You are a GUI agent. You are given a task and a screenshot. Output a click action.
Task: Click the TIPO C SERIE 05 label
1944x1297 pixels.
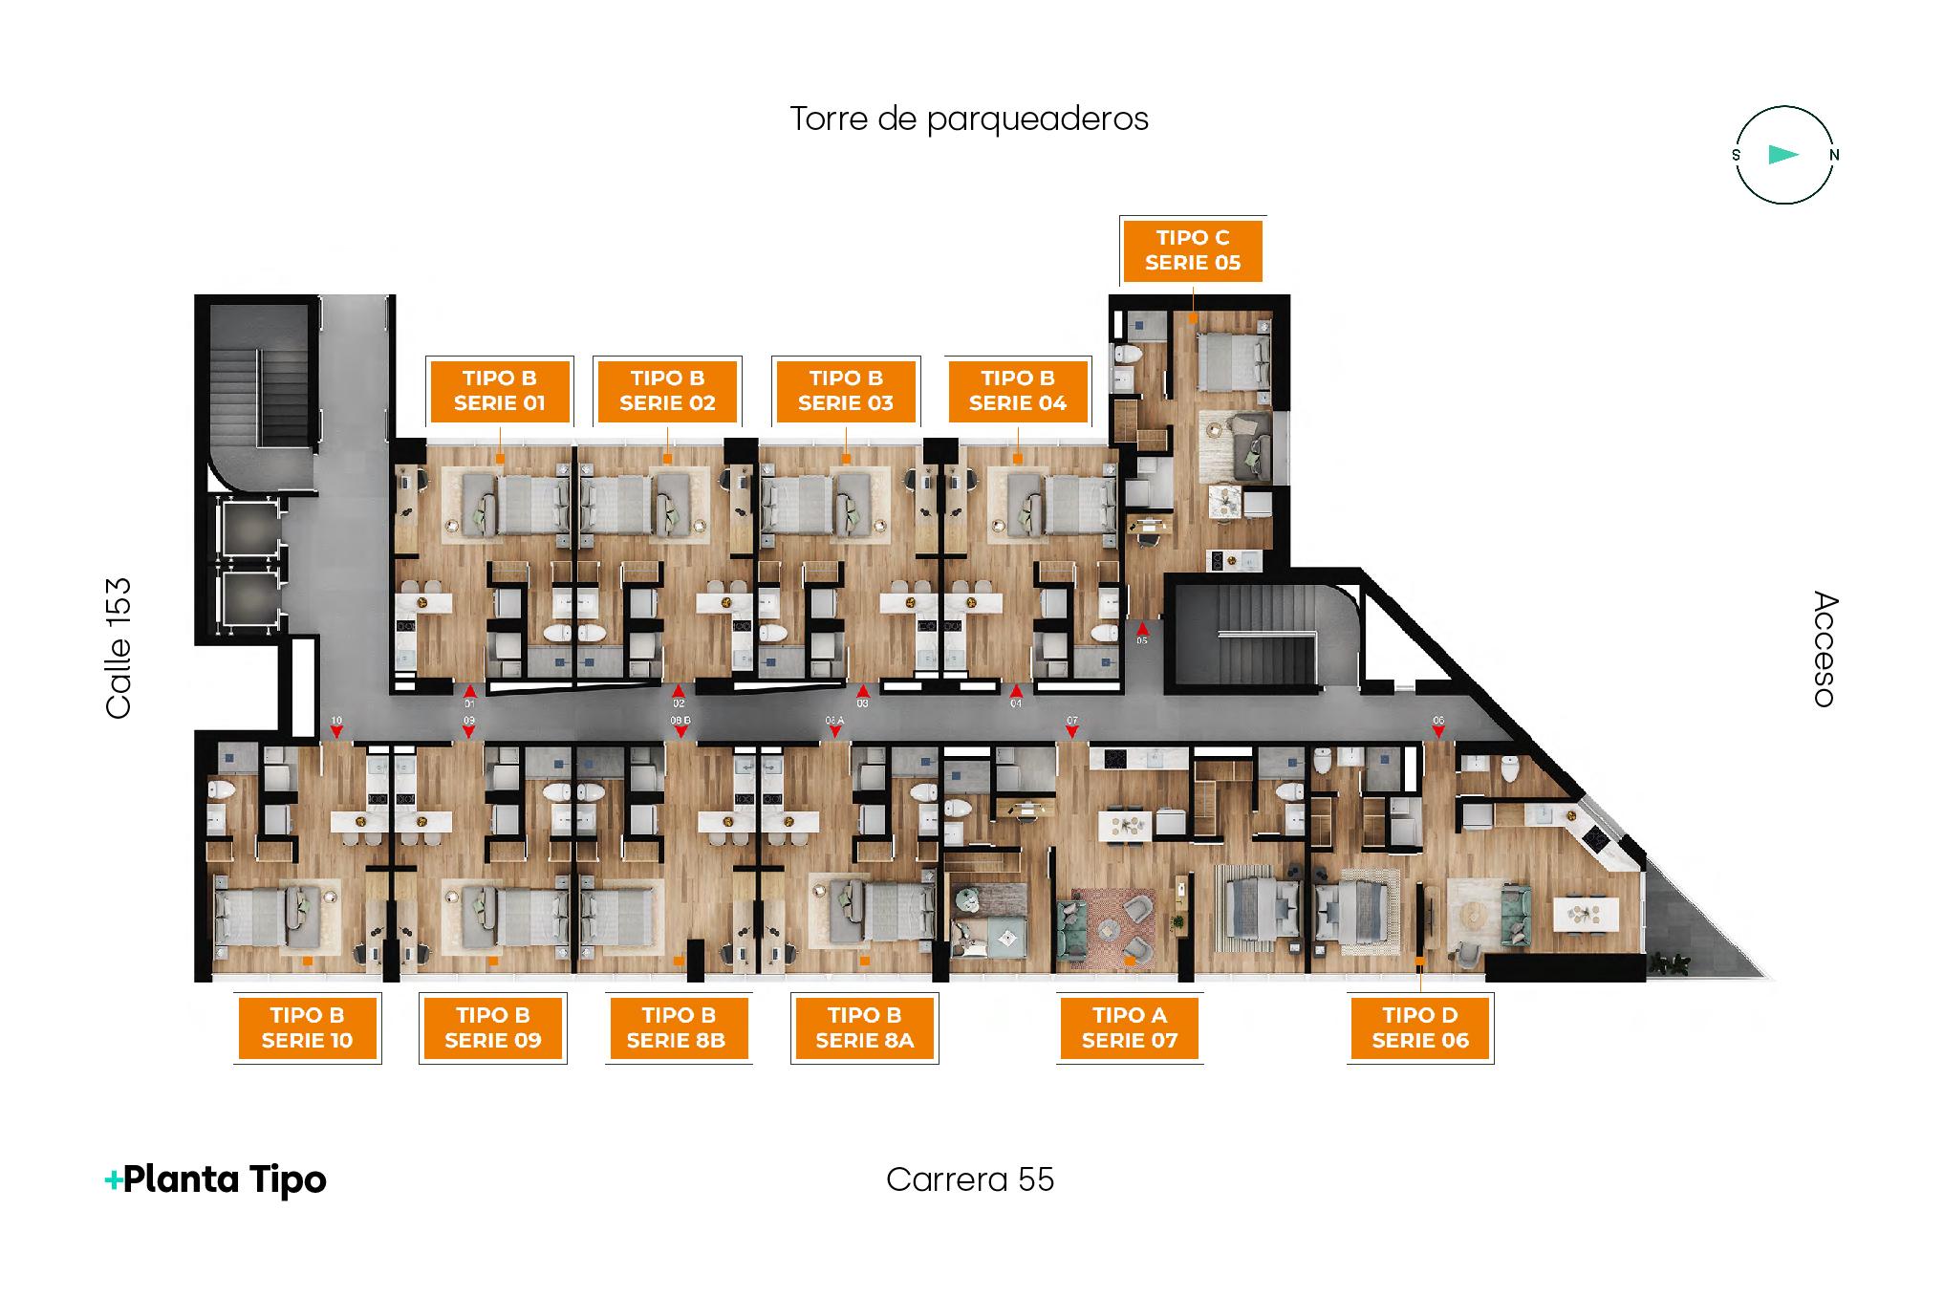click(x=1192, y=250)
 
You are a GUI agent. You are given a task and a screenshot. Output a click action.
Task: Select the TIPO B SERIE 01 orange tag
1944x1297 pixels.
click(x=500, y=391)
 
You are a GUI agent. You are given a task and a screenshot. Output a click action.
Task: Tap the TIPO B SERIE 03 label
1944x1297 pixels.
click(x=845, y=391)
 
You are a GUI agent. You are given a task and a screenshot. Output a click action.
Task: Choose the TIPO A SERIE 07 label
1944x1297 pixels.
click(x=1129, y=1028)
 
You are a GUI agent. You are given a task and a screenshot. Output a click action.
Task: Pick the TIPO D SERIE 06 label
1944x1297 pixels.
click(x=1419, y=1028)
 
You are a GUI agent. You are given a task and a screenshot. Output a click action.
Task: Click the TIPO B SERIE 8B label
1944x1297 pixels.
click(x=678, y=1028)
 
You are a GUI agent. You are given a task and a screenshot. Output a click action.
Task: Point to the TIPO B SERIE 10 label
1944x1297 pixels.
click(x=307, y=1028)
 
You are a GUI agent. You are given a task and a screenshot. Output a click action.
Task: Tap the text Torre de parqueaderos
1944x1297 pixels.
click(x=968, y=119)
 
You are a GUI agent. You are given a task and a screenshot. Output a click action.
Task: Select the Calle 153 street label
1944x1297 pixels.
click(x=119, y=648)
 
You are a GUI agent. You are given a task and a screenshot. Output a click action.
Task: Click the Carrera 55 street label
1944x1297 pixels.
click(x=969, y=1179)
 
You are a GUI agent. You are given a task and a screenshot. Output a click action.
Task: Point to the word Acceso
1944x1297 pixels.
click(x=1824, y=650)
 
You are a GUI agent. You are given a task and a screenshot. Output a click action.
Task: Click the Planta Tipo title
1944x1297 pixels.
click(x=216, y=1179)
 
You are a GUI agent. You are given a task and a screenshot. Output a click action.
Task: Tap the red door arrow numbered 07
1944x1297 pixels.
click(x=1072, y=732)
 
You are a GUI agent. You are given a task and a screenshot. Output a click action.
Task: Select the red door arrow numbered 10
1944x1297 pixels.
click(x=336, y=732)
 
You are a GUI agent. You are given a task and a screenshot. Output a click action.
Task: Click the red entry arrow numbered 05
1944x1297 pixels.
click(x=1141, y=628)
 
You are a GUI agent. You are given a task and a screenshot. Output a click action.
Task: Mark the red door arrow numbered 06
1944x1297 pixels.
click(x=1438, y=732)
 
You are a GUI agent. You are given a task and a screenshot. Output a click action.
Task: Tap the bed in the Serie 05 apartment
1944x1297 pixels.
click(x=1231, y=360)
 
